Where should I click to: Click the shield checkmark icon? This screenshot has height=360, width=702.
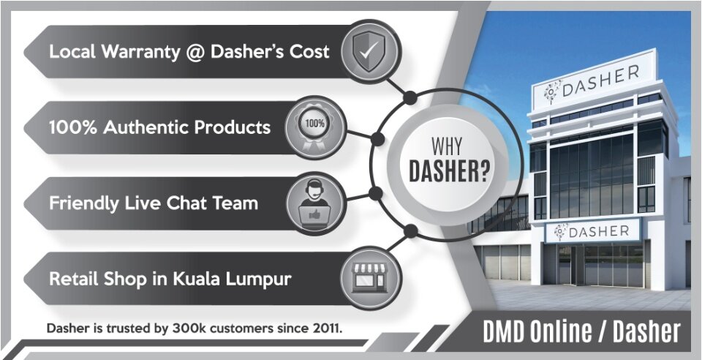pyautogui.click(x=369, y=51)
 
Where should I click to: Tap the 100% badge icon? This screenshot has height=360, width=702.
pyautogui.click(x=314, y=127)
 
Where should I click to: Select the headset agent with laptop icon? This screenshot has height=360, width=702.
pyautogui.click(x=314, y=203)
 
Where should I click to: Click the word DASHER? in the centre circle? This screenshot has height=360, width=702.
pyautogui.click(x=449, y=171)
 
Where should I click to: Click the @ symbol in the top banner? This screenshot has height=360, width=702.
pyautogui.click(x=195, y=52)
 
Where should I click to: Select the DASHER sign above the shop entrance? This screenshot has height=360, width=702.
pyautogui.click(x=592, y=231)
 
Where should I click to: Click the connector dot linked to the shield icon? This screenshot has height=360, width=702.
pyautogui.click(x=409, y=97)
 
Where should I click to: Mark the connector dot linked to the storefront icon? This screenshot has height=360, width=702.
pyautogui.click(x=410, y=231)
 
